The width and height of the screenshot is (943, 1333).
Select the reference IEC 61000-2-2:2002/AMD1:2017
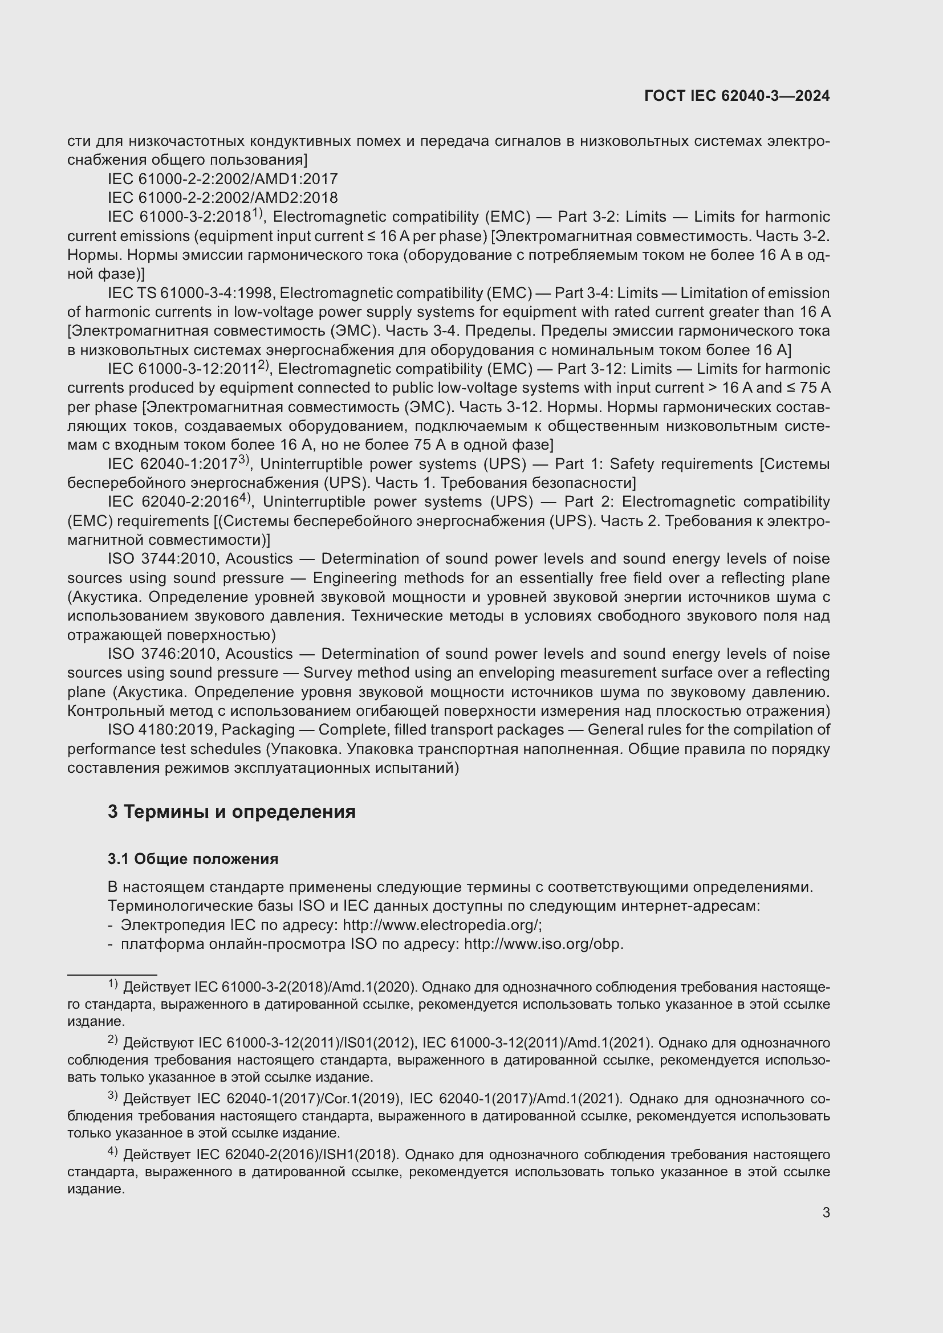(222, 179)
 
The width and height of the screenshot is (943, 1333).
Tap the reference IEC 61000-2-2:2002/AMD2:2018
(222, 198)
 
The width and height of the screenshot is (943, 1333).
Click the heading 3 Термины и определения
(231, 811)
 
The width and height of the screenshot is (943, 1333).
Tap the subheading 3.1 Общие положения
(193, 859)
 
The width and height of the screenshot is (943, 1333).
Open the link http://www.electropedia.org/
(442, 925)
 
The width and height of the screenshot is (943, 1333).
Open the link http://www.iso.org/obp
(543, 944)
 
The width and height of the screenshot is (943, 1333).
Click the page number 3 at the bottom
(826, 1212)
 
